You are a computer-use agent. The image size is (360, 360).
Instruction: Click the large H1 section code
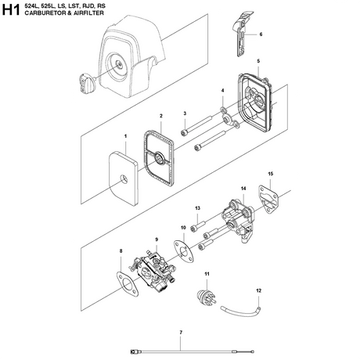pyautogui.click(x=12, y=13)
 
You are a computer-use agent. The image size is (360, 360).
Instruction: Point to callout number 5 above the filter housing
pyautogui.click(x=258, y=62)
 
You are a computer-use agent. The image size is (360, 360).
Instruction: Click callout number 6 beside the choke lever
pyautogui.click(x=261, y=34)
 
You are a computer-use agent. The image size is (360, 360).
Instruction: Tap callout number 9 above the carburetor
pyautogui.click(x=157, y=239)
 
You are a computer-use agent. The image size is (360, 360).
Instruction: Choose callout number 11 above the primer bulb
pyautogui.click(x=207, y=273)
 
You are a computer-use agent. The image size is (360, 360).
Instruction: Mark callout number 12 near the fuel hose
pyautogui.click(x=259, y=290)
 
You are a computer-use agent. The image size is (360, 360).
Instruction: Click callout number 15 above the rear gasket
pyautogui.click(x=270, y=173)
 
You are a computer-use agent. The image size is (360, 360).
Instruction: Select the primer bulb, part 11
pyautogui.click(x=208, y=296)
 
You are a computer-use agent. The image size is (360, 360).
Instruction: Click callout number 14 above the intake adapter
pyautogui.click(x=243, y=189)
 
